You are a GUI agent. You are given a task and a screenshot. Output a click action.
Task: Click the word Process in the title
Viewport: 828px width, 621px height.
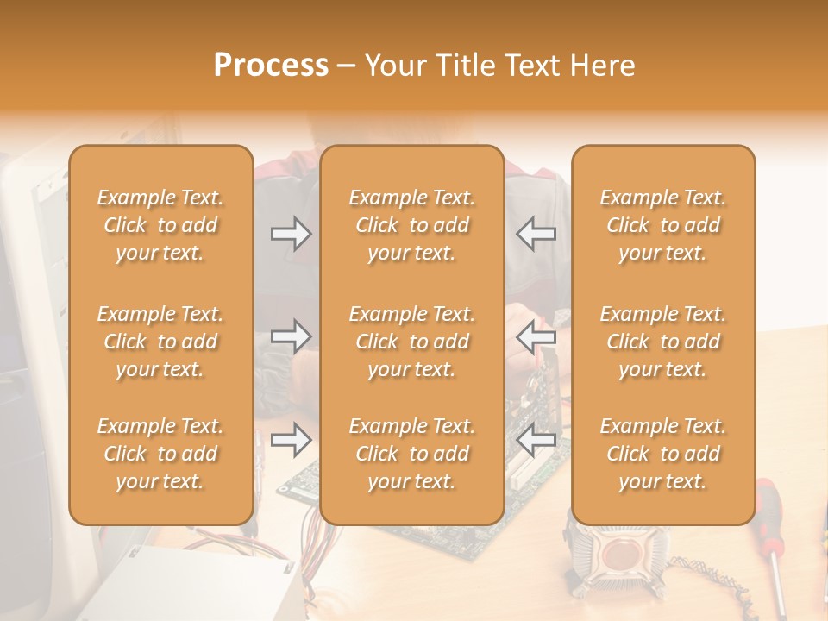pos(271,66)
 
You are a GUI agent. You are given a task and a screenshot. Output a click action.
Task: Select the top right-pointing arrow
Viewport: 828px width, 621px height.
pos(291,234)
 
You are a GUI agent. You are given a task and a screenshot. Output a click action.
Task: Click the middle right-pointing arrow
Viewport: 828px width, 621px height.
pos(291,336)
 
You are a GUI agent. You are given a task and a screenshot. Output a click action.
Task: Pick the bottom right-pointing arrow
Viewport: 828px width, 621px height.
pos(291,440)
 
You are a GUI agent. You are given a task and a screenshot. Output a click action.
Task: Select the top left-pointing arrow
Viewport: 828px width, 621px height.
pos(536,234)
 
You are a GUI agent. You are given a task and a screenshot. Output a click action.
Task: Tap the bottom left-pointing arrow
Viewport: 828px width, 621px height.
pos(536,440)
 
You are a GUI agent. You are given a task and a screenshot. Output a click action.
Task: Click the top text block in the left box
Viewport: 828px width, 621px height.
pos(160,225)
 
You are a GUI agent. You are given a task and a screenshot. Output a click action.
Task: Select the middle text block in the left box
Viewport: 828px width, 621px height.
pos(160,342)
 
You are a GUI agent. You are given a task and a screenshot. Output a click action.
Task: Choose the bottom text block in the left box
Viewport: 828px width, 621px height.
pos(160,454)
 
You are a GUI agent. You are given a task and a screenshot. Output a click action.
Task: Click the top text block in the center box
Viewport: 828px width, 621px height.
pos(412,225)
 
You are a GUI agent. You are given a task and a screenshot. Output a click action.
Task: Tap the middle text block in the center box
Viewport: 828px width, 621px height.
pos(412,342)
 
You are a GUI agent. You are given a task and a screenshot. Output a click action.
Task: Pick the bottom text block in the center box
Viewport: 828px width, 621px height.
pos(412,454)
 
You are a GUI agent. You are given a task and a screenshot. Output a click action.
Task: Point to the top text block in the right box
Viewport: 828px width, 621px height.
pos(663,225)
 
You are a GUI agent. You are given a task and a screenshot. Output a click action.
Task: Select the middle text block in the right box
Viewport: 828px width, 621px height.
pos(663,342)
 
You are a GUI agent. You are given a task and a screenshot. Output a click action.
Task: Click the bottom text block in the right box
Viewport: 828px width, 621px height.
pos(663,454)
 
